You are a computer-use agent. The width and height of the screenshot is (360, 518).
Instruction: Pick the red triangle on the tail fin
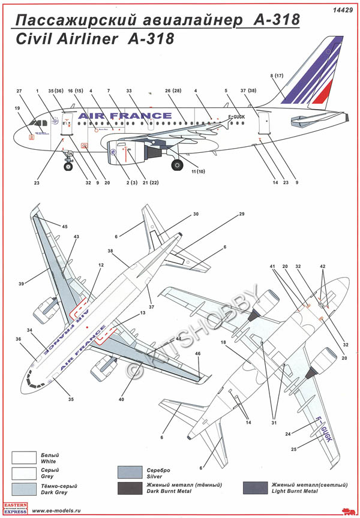point(323,92)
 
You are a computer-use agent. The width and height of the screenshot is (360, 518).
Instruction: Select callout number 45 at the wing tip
point(64,226)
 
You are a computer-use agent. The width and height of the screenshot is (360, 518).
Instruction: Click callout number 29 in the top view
point(242,214)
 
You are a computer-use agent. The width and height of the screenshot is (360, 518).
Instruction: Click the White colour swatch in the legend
point(23,458)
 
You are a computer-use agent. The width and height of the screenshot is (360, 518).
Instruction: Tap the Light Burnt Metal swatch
point(256,487)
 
